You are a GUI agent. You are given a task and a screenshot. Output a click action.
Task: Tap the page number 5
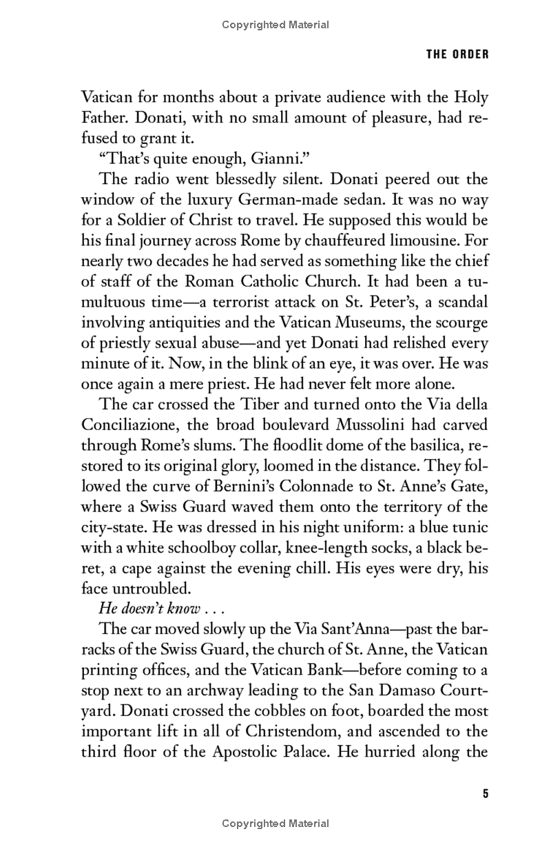pyautogui.click(x=485, y=794)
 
